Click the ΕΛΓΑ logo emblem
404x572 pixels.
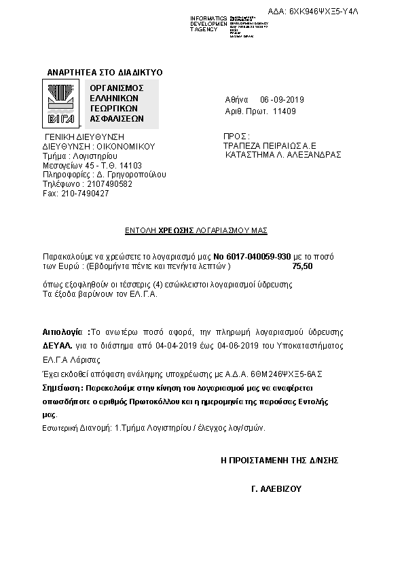62,103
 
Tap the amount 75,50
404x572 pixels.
302,268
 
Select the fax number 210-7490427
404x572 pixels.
85,194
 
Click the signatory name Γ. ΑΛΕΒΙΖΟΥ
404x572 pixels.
276,488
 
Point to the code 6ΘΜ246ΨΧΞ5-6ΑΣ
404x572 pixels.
278,374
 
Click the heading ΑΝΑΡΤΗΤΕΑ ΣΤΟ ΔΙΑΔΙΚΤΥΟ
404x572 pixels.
105,72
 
